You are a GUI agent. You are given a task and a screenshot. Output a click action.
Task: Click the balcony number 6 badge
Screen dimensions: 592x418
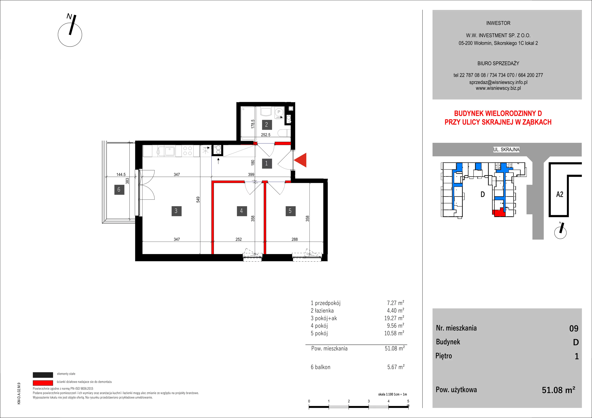point(119,190)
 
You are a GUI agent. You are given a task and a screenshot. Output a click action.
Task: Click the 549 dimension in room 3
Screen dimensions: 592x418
point(198,200)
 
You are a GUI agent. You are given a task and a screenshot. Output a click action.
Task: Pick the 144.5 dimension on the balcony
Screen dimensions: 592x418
point(121,175)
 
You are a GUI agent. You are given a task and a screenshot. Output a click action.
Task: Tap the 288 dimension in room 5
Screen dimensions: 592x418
point(295,239)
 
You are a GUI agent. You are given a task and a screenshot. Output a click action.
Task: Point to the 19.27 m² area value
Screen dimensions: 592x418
point(394,318)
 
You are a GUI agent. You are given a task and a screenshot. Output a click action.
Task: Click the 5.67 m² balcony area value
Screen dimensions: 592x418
point(396,367)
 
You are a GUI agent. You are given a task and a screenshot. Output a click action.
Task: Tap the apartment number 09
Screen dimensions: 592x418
point(574,329)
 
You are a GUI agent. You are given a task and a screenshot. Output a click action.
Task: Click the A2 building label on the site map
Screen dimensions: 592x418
point(560,194)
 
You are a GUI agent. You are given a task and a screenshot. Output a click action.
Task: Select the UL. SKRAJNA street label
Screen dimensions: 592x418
point(506,149)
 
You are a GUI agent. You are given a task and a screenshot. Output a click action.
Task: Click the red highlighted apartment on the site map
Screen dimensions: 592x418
point(499,213)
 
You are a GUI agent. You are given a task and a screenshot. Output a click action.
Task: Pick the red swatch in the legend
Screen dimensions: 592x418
point(43,383)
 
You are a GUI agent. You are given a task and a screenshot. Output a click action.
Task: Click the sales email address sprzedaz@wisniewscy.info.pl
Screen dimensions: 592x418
point(498,82)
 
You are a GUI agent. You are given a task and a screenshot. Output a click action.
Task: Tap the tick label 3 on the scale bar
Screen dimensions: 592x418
point(369,401)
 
